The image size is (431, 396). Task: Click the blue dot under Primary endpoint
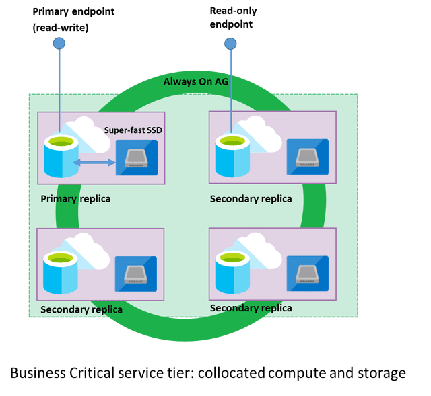(x=59, y=44)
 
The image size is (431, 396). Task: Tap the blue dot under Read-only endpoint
(x=230, y=44)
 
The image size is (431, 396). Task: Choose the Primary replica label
(x=75, y=199)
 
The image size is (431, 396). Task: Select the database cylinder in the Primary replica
(x=59, y=156)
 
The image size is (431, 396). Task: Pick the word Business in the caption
(x=40, y=372)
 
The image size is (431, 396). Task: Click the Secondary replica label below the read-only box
(x=251, y=199)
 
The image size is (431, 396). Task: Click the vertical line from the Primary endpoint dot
(x=59, y=87)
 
